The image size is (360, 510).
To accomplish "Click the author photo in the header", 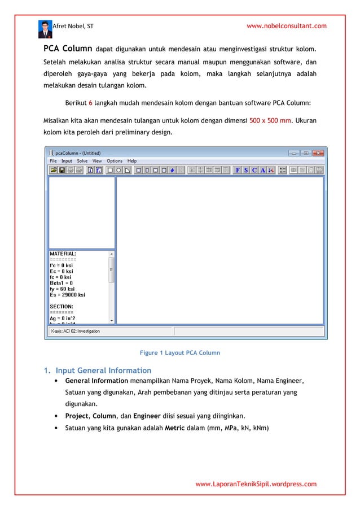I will coord(45,29).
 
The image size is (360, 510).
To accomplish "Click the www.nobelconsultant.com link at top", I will coord(287,26).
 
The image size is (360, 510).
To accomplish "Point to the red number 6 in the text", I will coord(91,104).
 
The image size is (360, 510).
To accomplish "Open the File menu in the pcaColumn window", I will coord(53,161).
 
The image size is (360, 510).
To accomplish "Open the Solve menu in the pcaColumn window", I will coord(82,161).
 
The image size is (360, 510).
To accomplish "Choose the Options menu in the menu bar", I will coord(115,161).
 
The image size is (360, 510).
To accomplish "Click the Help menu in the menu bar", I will coord(132,161).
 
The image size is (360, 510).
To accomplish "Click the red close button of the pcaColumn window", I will coord(319,152).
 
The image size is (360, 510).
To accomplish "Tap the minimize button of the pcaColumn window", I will coord(293,152).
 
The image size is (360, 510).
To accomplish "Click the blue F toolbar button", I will coord(238,170).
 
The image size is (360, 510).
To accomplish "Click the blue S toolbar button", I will coord(246,170).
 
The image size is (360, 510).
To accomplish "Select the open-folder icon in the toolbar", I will coord(54,170).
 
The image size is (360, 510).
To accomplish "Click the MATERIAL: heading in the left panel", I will coord(63,254).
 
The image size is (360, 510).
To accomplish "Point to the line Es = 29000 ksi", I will coord(68,295).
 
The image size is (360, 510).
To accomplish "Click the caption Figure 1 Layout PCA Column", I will coord(179,353).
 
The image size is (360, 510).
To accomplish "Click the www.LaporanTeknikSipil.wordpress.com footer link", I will coord(256,484).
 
